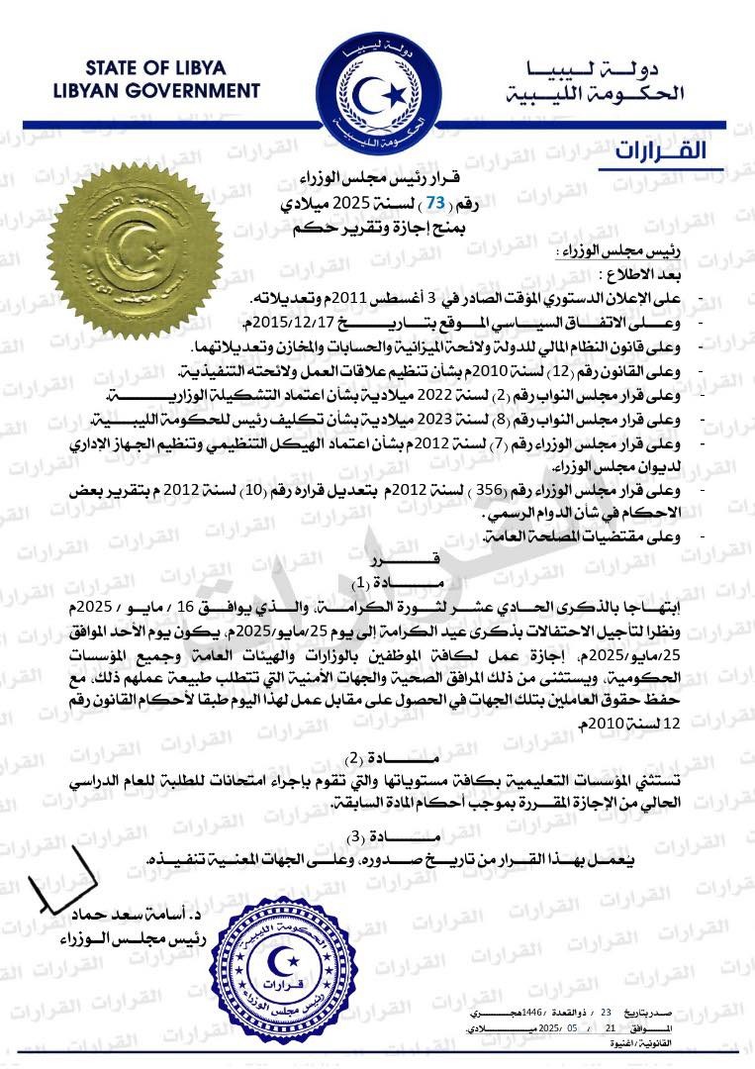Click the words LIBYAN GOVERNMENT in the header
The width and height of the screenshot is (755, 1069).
click(x=157, y=90)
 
